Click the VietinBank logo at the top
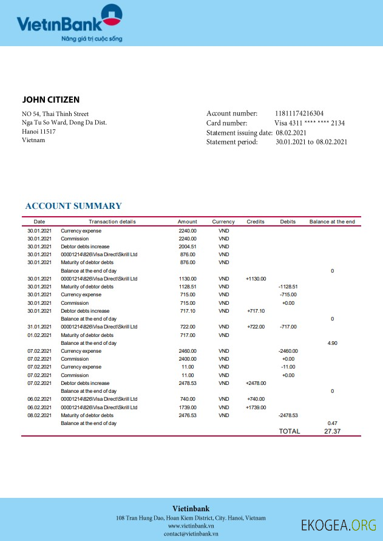point(69,23)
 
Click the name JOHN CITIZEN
point(51,100)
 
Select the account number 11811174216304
point(299,114)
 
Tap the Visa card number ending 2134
point(310,123)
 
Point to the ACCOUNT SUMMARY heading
point(73,206)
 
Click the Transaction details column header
point(112,222)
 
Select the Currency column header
point(223,222)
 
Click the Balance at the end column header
point(332,222)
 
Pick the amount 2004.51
point(188,247)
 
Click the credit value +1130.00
point(256,279)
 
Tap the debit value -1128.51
point(288,287)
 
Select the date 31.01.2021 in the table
point(39,327)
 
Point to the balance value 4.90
point(332,343)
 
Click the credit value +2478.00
point(256,383)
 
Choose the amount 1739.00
point(188,407)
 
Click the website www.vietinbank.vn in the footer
point(191,525)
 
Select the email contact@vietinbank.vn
point(191,534)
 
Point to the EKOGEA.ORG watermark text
point(339,525)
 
